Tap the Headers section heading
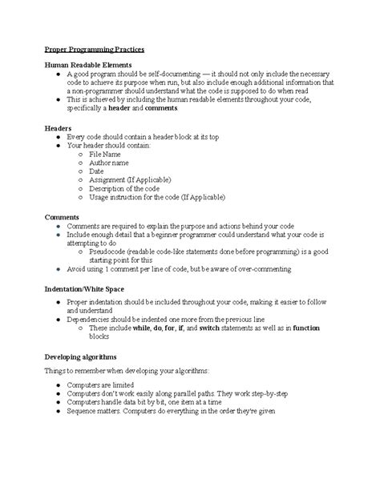[58, 127]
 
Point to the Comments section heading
[62, 217]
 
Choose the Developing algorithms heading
[81, 356]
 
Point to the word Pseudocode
[113, 252]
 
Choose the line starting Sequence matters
[171, 413]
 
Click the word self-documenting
[166, 74]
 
